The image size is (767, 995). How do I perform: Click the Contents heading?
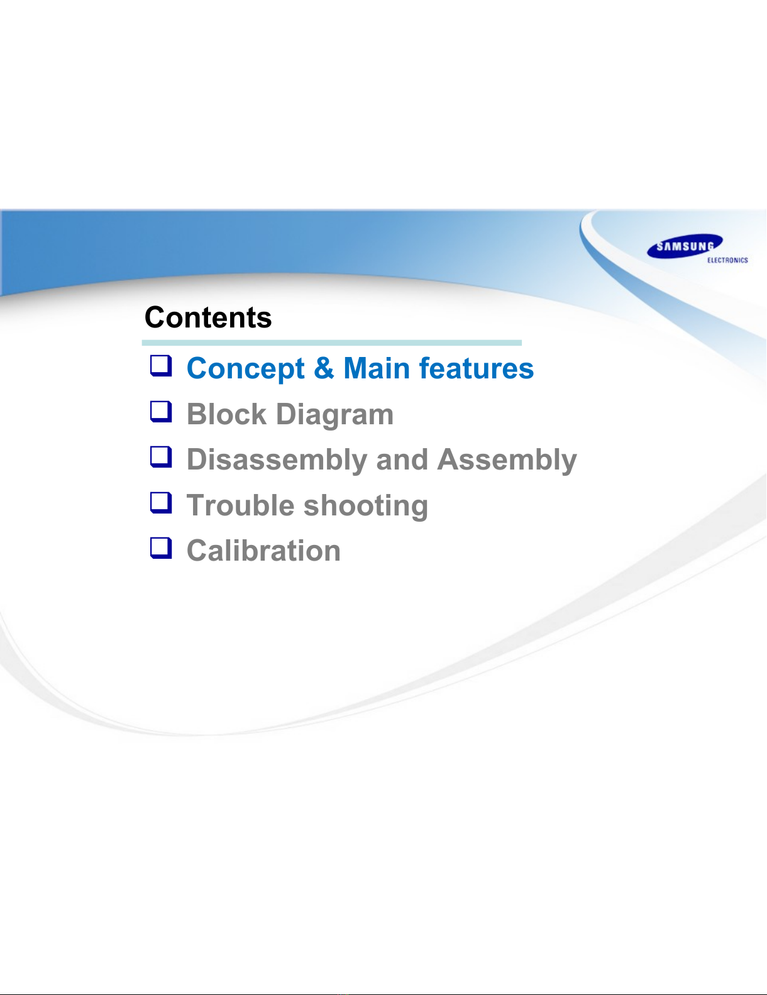click(x=208, y=317)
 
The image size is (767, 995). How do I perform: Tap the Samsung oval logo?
click(x=685, y=246)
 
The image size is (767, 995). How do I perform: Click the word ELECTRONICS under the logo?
click(x=727, y=260)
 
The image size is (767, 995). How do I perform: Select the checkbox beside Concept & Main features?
click(x=161, y=366)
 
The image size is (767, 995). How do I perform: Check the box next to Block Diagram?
click(x=161, y=411)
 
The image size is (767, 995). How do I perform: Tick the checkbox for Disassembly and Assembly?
click(x=161, y=457)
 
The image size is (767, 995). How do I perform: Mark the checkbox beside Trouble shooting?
click(x=161, y=502)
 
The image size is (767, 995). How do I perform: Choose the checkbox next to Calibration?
click(x=161, y=548)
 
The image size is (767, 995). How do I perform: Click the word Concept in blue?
click(x=246, y=369)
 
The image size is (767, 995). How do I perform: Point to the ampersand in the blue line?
click(x=324, y=368)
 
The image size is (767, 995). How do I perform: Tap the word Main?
click(x=377, y=368)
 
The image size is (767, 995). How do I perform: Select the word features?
click(x=477, y=368)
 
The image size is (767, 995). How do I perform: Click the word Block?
click(x=227, y=414)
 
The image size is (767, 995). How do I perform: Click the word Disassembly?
click(x=277, y=460)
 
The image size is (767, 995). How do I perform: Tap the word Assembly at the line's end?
click(x=507, y=460)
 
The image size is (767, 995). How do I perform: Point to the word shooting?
click(x=366, y=507)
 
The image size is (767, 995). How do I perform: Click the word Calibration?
click(x=264, y=551)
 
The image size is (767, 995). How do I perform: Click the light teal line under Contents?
click(x=332, y=343)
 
